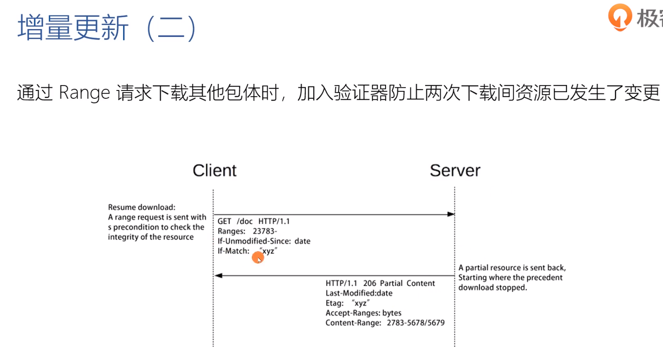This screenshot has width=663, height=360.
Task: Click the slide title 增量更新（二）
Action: [107, 28]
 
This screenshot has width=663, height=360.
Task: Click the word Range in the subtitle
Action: [84, 93]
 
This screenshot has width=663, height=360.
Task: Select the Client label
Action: [215, 170]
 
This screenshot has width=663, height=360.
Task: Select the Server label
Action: [455, 170]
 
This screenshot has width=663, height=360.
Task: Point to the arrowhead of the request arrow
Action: [451, 214]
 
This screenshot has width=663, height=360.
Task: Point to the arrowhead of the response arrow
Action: [218, 276]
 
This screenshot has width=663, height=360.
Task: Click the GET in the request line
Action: [224, 221]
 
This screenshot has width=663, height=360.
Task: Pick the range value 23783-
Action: [265, 231]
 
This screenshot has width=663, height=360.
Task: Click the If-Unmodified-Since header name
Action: [254, 241]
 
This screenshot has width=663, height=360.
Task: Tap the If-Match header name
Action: [233, 251]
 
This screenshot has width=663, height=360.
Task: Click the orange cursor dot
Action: [258, 257]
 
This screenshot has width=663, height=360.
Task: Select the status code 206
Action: [370, 283]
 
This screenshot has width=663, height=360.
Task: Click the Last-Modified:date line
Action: [359, 293]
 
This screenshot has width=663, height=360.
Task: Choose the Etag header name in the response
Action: [334, 303]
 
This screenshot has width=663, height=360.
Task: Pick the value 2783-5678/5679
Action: [415, 323]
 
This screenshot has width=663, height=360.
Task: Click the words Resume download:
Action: [141, 207]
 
